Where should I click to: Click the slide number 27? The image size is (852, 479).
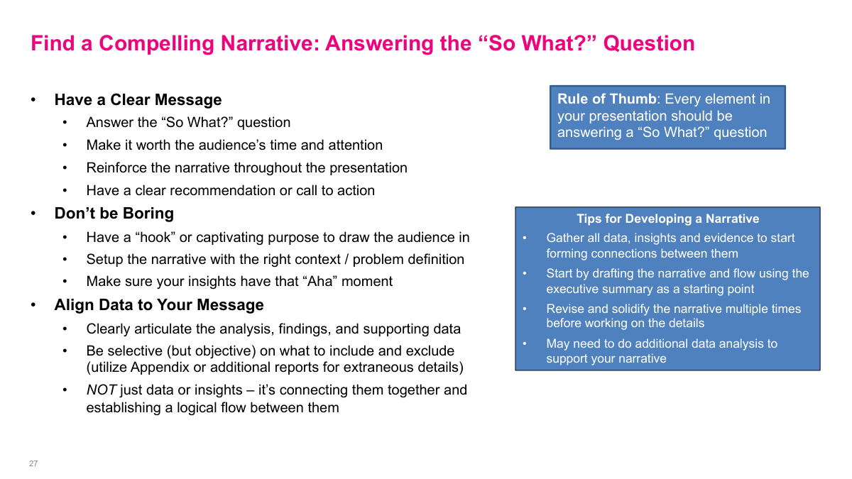coord(33,463)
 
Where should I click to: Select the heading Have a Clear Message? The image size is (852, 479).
coord(138,100)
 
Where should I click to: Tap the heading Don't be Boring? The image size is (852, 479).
coord(114,214)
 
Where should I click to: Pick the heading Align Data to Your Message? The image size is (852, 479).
coord(159,305)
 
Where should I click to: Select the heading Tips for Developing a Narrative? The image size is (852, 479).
coord(667,219)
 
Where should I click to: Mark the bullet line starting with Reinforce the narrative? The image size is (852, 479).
coord(246,168)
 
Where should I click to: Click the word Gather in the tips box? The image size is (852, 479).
coord(565,238)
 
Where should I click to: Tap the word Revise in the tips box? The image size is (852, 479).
coord(564,309)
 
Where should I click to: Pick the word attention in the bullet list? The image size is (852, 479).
coord(355,145)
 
